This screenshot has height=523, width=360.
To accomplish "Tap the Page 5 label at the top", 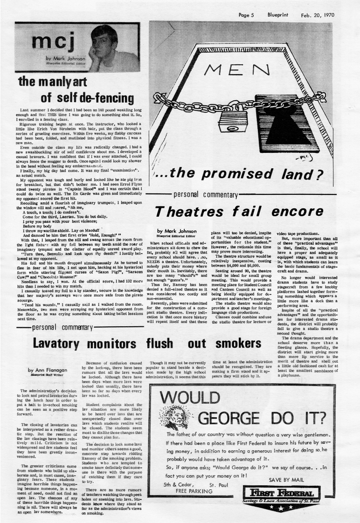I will [246, 15].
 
